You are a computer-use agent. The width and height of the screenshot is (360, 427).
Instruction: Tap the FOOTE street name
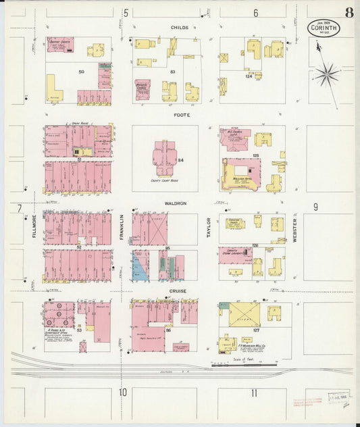coord(180,116)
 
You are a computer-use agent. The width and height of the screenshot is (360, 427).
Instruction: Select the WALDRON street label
coord(175,203)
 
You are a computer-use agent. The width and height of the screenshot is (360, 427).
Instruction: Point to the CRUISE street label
coord(178,291)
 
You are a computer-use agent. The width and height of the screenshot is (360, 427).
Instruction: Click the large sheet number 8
coord(349,13)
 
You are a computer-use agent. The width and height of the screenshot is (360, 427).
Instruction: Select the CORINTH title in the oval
coord(326,29)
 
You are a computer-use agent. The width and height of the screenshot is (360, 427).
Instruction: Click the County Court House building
coord(165,159)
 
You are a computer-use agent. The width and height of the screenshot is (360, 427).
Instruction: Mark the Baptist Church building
coord(61,45)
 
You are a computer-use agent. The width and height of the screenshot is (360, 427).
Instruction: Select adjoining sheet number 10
coord(123,393)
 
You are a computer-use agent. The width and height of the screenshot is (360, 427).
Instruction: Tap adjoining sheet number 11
coord(254,393)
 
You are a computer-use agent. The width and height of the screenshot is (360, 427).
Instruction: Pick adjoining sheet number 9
coord(315,207)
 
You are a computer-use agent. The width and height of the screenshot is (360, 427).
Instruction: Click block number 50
coord(81,71)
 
